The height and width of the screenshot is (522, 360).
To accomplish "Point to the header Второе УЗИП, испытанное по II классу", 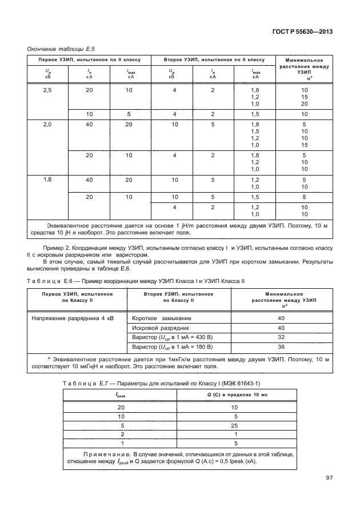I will (x=214, y=59).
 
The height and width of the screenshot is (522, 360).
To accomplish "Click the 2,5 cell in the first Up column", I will (x=48, y=90).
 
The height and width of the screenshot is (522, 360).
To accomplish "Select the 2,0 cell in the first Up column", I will (x=48, y=124).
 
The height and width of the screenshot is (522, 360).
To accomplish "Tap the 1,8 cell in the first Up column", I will (x=48, y=180).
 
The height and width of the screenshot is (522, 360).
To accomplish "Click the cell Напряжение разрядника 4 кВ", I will (x=71, y=318).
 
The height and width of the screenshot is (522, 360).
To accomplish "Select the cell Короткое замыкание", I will (x=162, y=318).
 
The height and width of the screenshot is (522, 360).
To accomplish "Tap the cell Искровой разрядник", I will (x=161, y=328).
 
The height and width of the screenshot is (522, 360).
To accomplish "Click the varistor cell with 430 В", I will (x=172, y=337).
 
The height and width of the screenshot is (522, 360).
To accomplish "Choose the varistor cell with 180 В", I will (x=172, y=346).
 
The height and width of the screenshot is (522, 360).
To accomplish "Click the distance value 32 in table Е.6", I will (x=281, y=337).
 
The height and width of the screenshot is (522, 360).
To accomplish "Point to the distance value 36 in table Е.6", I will (x=281, y=346).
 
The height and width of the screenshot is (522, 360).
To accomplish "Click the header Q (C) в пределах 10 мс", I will (x=237, y=395).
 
